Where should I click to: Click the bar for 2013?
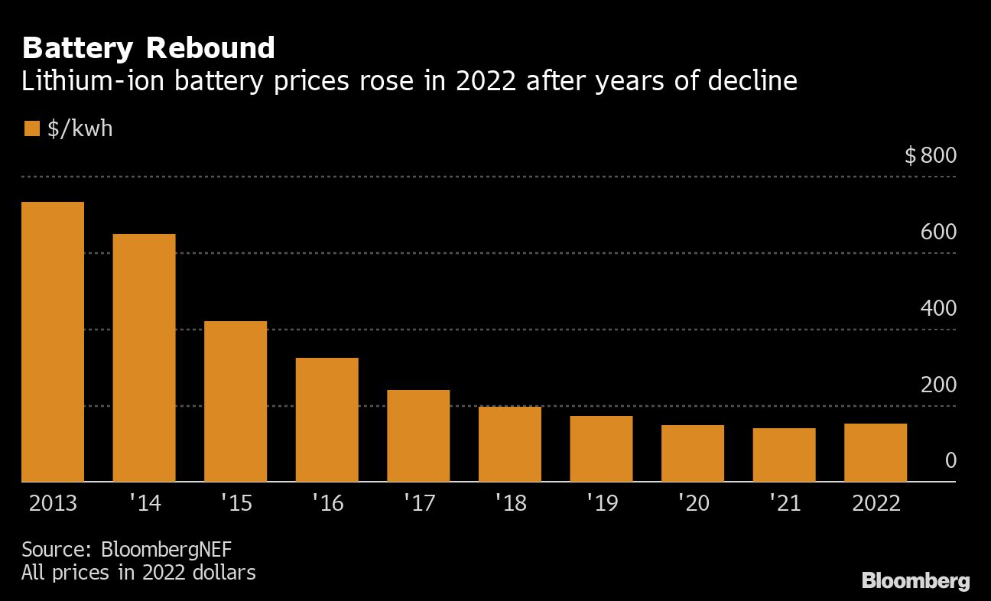pyautogui.click(x=53, y=342)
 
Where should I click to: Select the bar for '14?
pyautogui.click(x=144, y=358)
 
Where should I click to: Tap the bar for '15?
pyautogui.click(x=236, y=401)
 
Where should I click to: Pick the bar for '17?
pyautogui.click(x=418, y=436)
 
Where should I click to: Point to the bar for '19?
pyautogui.click(x=601, y=449)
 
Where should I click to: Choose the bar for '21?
pyautogui.click(x=784, y=455)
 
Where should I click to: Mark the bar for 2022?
pyautogui.click(x=876, y=453)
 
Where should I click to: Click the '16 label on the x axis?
pyautogui.click(x=327, y=504)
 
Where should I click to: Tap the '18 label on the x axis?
pyautogui.click(x=509, y=504)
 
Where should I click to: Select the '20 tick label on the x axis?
pyautogui.click(x=692, y=504)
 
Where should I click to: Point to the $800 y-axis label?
pyautogui.click(x=931, y=156)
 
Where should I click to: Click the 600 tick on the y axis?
pyautogui.click(x=938, y=232)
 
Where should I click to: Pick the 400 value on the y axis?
pyautogui.click(x=938, y=308)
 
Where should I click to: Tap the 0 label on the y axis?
pyautogui.click(x=950, y=460)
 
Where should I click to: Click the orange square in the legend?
pyautogui.click(x=31, y=128)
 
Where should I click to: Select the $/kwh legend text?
pyautogui.click(x=80, y=128)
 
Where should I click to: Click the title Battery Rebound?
pyautogui.click(x=148, y=48)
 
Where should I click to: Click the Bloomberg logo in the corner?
pyautogui.click(x=915, y=581)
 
